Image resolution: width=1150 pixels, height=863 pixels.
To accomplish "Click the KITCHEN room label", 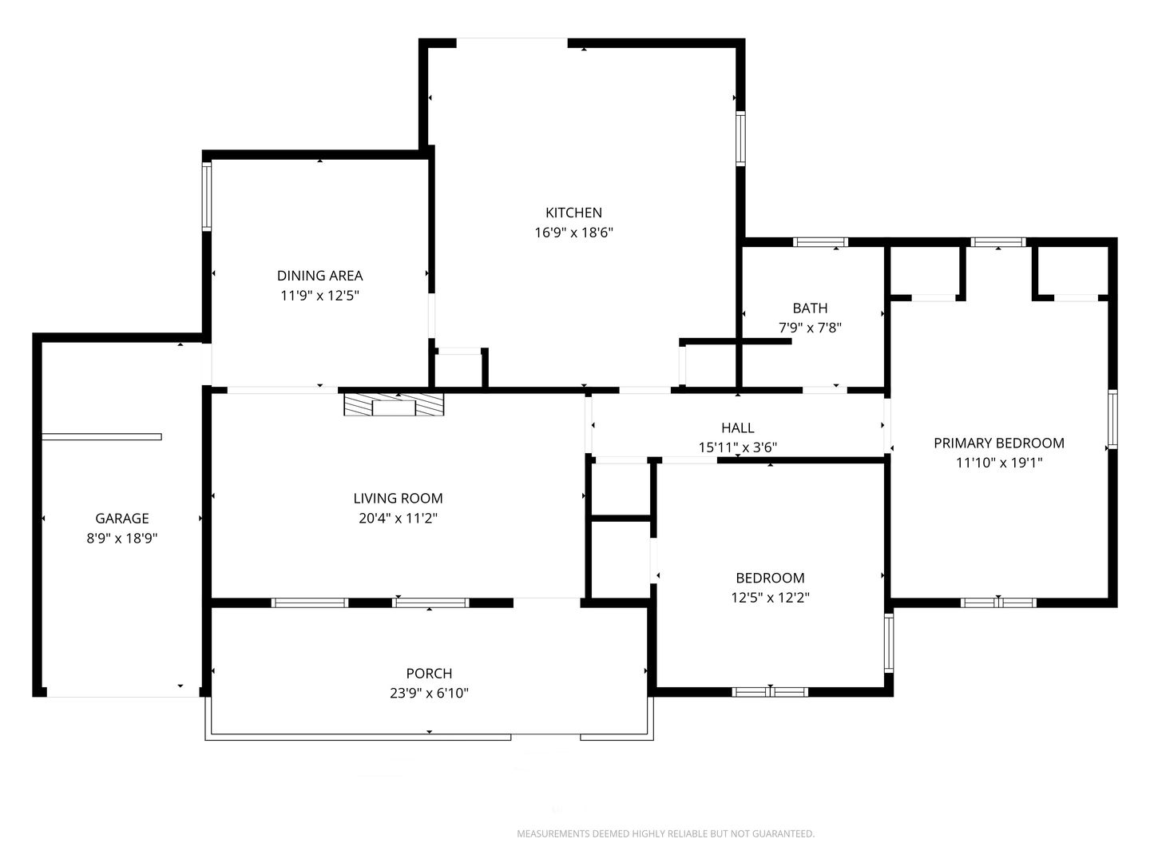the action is coord(573,213).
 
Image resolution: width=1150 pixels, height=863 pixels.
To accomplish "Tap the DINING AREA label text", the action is coord(319,276).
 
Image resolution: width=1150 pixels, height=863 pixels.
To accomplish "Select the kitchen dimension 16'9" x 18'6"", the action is coord(573,233).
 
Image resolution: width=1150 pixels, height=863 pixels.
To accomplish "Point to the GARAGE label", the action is coord(122,519).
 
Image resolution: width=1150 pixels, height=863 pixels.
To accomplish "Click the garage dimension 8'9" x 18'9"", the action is coord(122,538).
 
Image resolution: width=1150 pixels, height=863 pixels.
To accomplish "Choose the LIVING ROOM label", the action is coord(399,499).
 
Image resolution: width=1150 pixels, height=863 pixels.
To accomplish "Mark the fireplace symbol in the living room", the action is coord(394,404).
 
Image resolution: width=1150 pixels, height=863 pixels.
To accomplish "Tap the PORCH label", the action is coord(429,674).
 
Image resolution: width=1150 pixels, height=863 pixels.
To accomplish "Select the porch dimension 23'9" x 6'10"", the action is coord(429,694).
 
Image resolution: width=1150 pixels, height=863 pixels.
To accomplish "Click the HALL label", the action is coord(738,428).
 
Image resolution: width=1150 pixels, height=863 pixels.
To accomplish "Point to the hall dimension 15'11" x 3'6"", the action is coord(738,447).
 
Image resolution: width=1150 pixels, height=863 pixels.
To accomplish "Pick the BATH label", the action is coord(810,308).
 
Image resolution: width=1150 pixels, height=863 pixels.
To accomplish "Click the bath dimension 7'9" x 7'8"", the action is coord(810,328).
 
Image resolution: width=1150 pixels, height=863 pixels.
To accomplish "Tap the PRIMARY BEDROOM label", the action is coord(999,443).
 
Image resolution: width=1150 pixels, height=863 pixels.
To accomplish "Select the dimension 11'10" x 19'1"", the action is coord(999,463).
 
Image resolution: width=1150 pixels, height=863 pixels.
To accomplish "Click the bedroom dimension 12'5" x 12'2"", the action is coord(770,598).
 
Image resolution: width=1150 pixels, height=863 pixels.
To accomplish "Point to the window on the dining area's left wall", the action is coord(207,197).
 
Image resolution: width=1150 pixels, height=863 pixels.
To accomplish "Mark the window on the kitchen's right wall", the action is coord(740,138).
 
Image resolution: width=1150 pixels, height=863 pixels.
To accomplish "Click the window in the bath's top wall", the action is coord(820,242).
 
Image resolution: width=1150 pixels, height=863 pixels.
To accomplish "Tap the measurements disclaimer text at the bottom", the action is coord(665,833).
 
